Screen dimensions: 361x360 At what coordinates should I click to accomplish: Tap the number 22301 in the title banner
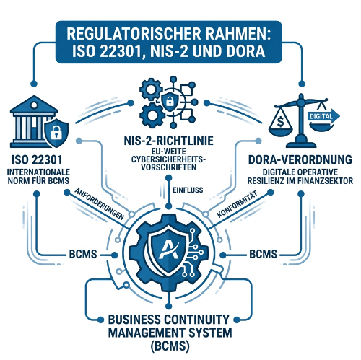(120, 51)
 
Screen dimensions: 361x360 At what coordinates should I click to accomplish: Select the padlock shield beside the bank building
(56, 132)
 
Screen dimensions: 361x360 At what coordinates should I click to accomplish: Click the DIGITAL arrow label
(321, 116)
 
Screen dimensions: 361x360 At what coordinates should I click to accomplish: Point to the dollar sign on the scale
(280, 121)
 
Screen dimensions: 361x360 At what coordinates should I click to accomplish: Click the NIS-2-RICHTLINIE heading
(168, 141)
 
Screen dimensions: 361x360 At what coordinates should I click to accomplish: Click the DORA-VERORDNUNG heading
(300, 159)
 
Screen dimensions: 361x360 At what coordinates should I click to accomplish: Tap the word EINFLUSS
(188, 190)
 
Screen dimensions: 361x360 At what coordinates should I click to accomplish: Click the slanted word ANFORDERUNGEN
(100, 204)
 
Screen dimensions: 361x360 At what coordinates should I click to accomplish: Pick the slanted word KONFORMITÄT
(237, 204)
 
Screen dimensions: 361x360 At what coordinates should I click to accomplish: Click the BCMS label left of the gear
(83, 254)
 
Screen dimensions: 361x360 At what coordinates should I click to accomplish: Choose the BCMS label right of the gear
(263, 254)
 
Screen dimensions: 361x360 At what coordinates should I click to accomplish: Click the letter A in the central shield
(169, 250)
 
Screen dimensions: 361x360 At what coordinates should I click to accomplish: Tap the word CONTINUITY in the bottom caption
(196, 320)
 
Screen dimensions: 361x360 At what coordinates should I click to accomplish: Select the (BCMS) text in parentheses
(170, 346)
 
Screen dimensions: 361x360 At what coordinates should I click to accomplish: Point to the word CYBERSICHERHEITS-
(168, 159)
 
